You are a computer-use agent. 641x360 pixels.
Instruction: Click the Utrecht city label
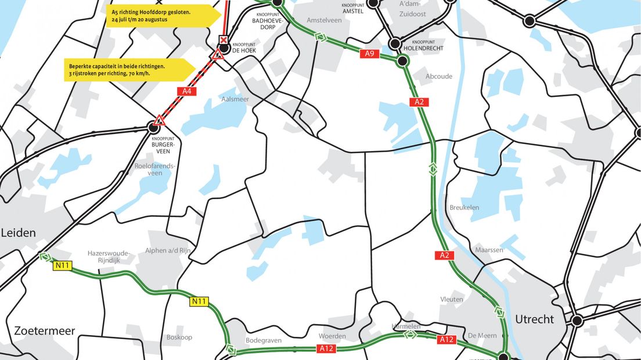tap(534, 319)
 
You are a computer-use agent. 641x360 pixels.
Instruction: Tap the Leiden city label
tap(18, 233)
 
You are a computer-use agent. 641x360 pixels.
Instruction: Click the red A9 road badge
tap(369, 53)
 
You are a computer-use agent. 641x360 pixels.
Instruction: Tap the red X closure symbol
tap(224, 39)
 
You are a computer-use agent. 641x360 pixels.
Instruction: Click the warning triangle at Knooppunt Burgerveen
tap(160, 120)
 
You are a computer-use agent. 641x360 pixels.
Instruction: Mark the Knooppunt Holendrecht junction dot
tap(395, 44)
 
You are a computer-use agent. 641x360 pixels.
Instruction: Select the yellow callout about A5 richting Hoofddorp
tap(157, 16)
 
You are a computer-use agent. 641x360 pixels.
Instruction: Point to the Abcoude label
tap(439, 76)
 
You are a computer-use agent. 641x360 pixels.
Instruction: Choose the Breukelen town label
tap(464, 207)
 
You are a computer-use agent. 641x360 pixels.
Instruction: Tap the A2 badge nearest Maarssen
tap(445, 255)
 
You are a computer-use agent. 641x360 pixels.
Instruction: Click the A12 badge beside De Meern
tap(446, 339)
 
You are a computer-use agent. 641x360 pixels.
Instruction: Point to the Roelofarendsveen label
tap(154, 168)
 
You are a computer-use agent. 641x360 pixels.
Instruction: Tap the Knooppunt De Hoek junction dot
tap(224, 48)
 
